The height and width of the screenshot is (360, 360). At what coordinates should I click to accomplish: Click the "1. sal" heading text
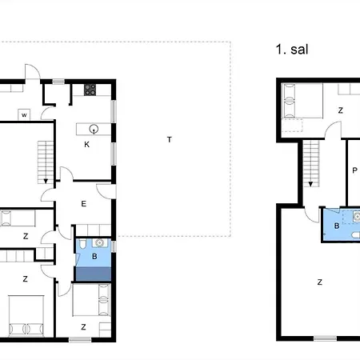click(292, 50)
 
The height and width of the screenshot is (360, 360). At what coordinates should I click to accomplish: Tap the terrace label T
click(170, 139)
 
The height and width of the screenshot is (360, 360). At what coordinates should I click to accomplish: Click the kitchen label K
click(86, 145)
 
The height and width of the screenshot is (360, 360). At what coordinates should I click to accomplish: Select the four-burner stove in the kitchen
click(90, 90)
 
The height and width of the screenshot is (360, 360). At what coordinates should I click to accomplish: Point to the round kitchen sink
click(94, 129)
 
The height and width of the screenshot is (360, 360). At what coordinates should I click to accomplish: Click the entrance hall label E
click(84, 204)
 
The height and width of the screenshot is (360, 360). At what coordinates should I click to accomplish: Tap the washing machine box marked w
click(24, 115)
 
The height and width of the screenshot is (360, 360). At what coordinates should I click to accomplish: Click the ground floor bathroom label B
click(94, 257)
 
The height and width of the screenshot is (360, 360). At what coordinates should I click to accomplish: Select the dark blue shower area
click(94, 274)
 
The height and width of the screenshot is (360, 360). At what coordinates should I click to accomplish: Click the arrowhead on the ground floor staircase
click(46, 182)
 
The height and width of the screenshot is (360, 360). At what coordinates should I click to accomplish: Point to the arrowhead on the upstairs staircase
click(310, 184)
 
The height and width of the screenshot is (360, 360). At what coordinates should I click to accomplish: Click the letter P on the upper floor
click(354, 170)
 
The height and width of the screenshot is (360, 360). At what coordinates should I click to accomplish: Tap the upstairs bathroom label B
click(337, 226)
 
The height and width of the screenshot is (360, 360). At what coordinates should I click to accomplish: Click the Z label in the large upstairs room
click(320, 282)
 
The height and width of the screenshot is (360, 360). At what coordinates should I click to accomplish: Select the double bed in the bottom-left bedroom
click(26, 315)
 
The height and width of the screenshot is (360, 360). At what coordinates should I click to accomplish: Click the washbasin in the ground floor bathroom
click(100, 243)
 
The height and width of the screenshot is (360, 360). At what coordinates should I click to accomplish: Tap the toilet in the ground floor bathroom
click(82, 244)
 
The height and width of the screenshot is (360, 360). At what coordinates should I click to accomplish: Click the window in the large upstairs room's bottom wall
click(325, 338)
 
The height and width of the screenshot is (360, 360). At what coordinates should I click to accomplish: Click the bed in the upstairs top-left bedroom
click(302, 101)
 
